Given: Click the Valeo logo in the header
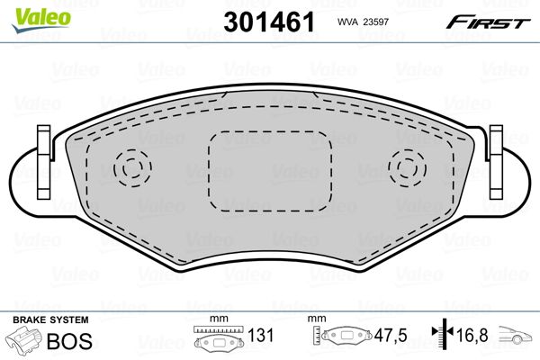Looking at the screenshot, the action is click(41, 20).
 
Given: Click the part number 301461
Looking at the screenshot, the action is click(269, 22).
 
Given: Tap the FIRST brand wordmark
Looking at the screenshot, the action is click(488, 22).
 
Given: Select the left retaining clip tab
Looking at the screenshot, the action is click(44, 162).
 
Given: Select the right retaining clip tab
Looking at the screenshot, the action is click(496, 162).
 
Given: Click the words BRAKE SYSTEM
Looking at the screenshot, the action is click(50, 320).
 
